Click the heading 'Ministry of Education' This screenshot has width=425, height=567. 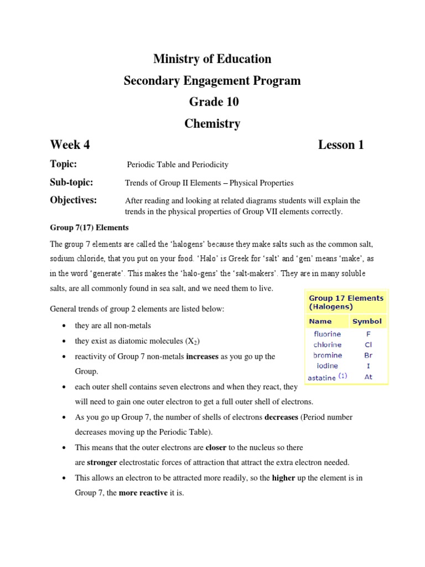212,59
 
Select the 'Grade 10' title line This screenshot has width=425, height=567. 212,102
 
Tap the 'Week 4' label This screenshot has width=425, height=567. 70,145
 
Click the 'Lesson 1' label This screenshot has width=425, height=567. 341,145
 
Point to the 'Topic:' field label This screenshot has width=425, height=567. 64,164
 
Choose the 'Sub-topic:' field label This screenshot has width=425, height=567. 71,182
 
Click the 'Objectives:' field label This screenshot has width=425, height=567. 74,200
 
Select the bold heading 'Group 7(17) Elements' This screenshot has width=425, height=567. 89,228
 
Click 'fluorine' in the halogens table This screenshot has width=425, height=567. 327,334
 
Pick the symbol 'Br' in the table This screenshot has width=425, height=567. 369,355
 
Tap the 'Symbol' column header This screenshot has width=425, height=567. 367,321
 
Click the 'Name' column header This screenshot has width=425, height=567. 320,321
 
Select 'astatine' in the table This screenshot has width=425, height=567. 323,377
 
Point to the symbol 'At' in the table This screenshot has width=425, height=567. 369,377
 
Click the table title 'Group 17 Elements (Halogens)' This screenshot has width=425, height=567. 345,302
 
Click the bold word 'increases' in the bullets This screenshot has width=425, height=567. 203,357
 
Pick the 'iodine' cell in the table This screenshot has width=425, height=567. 327,366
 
